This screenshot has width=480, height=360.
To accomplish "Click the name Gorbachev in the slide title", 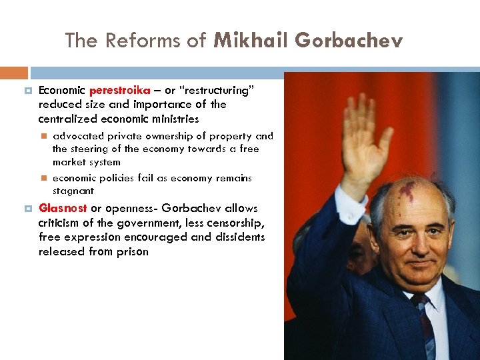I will tap(349, 41).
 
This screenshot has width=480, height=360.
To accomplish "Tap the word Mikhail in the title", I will tap(251, 41).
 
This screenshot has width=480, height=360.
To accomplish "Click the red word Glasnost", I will tap(63, 208).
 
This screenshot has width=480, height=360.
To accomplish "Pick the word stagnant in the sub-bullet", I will tap(73, 191).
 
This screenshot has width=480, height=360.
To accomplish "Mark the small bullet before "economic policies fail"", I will tap(43, 178).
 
